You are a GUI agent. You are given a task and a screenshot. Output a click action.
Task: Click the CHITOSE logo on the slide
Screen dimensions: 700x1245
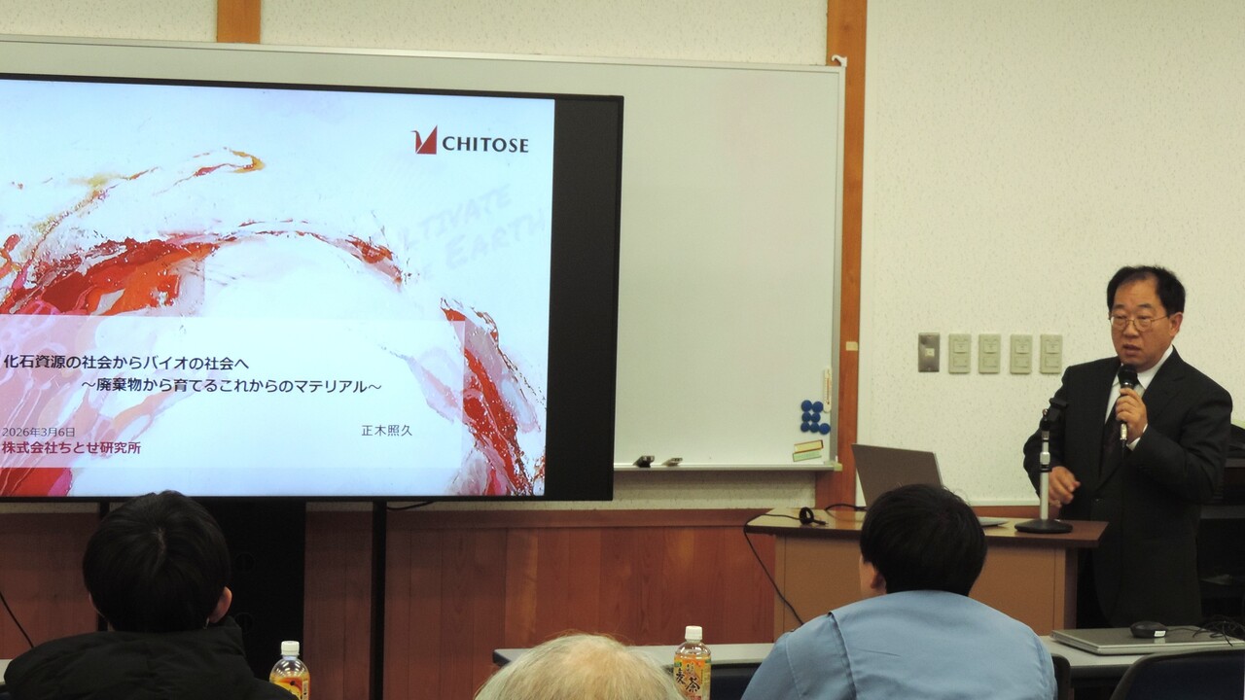pos(471,143)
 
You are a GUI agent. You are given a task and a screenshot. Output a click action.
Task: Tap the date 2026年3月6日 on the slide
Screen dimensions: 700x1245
pos(39,432)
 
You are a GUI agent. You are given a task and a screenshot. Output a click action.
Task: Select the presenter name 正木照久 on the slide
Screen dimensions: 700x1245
pos(386,430)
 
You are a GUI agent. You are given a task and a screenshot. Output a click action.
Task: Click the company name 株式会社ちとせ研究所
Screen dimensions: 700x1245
pos(71,448)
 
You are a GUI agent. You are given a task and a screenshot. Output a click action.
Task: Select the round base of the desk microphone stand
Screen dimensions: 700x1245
pos(1044,525)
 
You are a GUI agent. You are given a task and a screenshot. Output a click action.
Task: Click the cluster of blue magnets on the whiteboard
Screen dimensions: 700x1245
pos(814,417)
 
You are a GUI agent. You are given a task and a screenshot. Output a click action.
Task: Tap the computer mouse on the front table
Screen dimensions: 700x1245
pos(1149,628)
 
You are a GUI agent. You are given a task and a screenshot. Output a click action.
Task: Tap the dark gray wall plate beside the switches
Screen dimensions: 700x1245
pos(929,352)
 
